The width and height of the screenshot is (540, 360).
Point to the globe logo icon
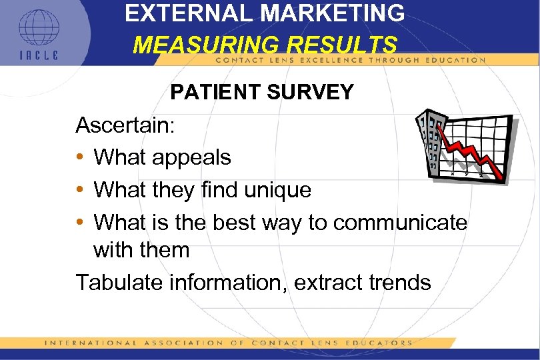[x=38, y=28]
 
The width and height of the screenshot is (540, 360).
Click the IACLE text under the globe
[x=38, y=55]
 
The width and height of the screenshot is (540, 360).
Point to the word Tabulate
[x=121, y=282]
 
